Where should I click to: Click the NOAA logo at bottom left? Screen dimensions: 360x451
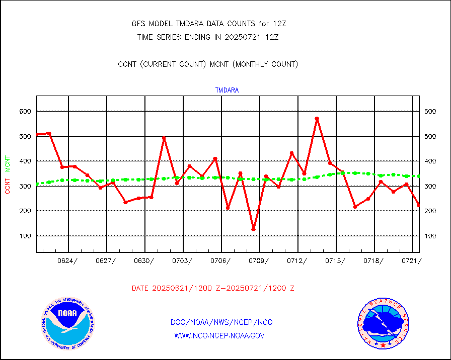pyautogui.click(x=67, y=323)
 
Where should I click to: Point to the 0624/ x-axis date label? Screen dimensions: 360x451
pyautogui.click(x=68, y=260)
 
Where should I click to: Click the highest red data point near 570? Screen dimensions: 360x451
pyautogui.click(x=317, y=119)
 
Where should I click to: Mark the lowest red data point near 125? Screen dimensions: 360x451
pyautogui.click(x=254, y=229)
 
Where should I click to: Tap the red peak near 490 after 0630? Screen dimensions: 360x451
pyautogui.click(x=164, y=138)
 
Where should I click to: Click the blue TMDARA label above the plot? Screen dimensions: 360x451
pyautogui.click(x=227, y=91)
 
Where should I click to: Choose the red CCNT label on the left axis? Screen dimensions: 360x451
pyautogui.click(x=8, y=184)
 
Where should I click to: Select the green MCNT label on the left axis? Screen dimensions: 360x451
pyautogui.click(x=8, y=163)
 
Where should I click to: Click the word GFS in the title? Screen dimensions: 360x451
pyautogui.click(x=137, y=24)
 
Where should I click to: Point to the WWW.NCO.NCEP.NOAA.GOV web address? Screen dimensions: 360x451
pyautogui.click(x=219, y=335)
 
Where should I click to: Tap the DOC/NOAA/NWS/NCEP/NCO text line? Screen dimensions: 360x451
pyautogui.click(x=221, y=322)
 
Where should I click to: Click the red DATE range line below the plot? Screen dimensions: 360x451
pyautogui.click(x=213, y=289)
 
